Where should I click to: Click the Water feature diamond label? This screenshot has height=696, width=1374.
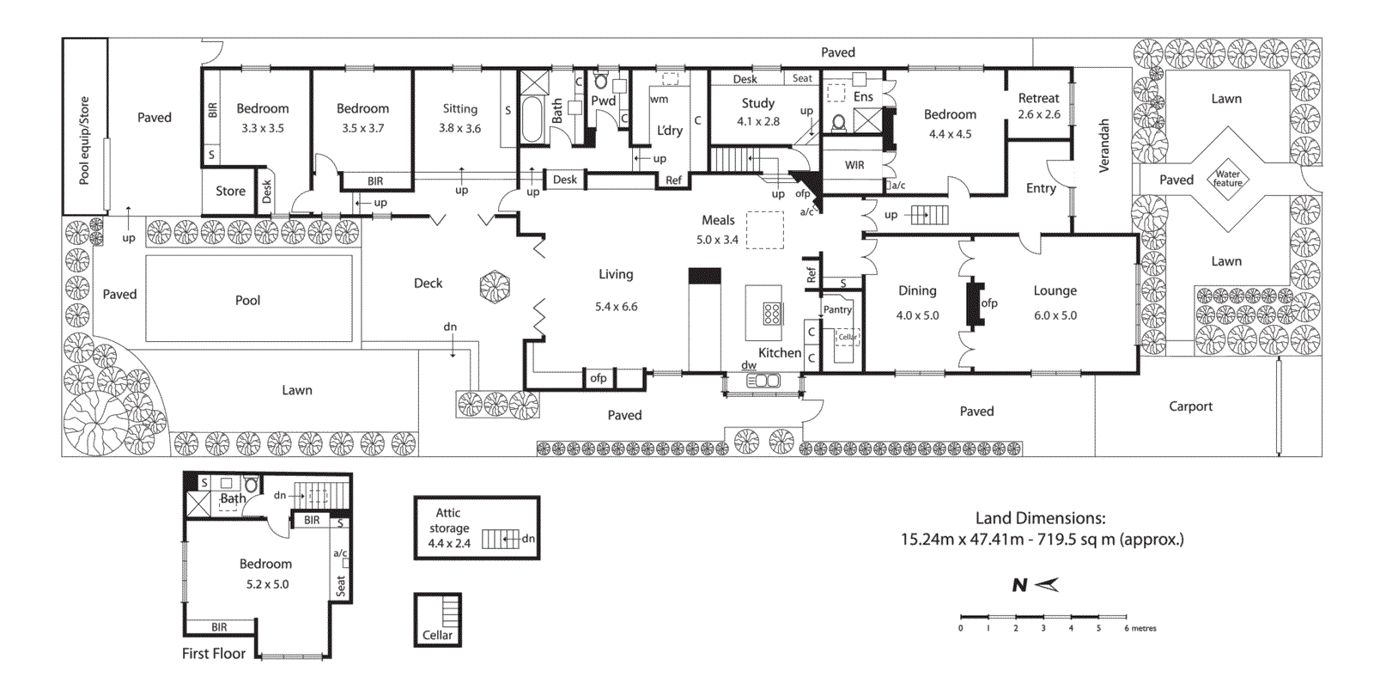tap(1227, 178)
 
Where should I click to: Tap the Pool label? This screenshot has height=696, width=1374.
tap(247, 300)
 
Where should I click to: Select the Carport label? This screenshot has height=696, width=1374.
tap(1190, 406)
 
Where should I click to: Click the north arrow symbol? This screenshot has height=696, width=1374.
tap(1046, 585)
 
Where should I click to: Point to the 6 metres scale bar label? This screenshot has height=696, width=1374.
tap(1140, 628)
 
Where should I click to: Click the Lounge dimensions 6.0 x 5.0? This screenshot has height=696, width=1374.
tap(1055, 315)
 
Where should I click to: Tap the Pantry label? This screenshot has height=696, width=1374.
tap(837, 309)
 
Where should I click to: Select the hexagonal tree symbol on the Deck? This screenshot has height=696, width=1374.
tap(495, 287)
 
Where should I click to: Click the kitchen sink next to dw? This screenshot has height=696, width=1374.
tap(763, 380)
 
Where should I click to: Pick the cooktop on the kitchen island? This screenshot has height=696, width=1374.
tap(771, 314)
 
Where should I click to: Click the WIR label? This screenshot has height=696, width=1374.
tap(854, 165)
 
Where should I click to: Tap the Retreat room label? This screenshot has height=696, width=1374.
tap(1038, 98)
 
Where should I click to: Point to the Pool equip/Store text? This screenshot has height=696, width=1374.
tap(84, 140)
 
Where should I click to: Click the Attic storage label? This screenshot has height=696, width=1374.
tap(448, 521)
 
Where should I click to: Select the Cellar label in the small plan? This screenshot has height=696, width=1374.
tap(437, 635)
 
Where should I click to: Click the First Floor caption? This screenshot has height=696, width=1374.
tap(213, 653)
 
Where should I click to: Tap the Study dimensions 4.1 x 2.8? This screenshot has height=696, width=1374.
tap(758, 121)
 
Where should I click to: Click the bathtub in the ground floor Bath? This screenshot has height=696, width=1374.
tap(532, 119)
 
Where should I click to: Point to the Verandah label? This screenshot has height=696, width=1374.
tap(1104, 146)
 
